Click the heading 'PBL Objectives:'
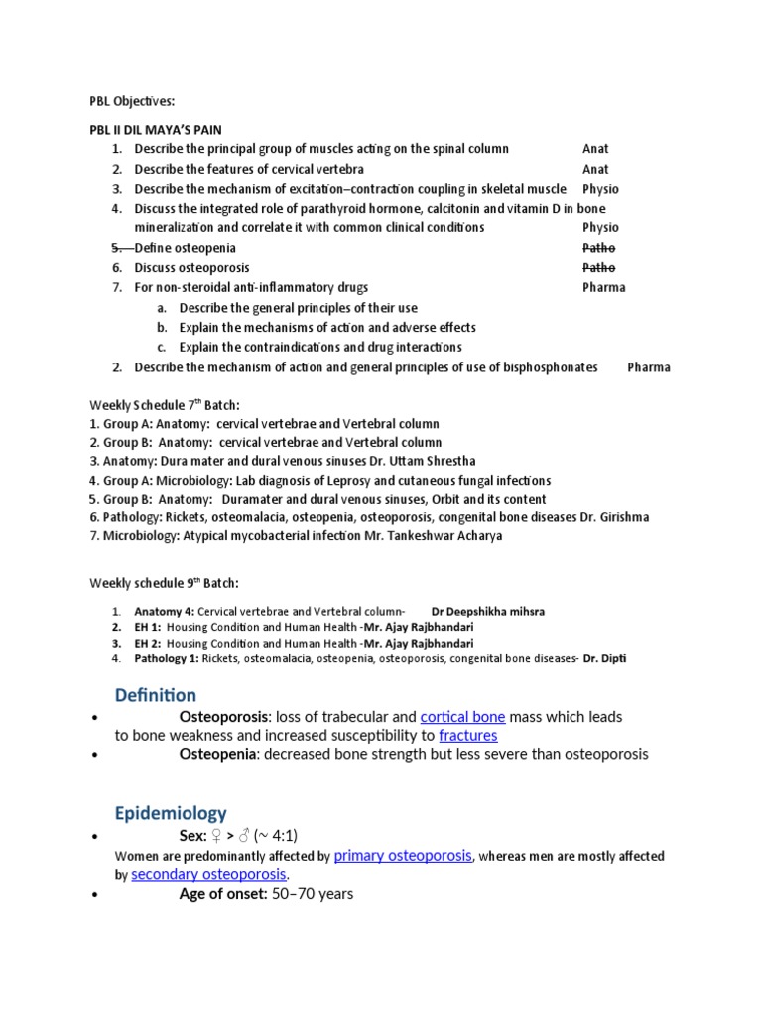click(132, 101)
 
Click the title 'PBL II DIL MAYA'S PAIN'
click(156, 130)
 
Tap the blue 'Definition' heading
click(156, 695)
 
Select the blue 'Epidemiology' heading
click(171, 814)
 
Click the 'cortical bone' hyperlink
click(462, 717)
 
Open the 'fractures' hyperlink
click(468, 736)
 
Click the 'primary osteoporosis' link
click(403, 855)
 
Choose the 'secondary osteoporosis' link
click(209, 874)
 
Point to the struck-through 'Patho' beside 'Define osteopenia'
click(598, 248)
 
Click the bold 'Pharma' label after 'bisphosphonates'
click(649, 367)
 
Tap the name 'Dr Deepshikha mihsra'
click(487, 611)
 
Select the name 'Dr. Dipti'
click(605, 658)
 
